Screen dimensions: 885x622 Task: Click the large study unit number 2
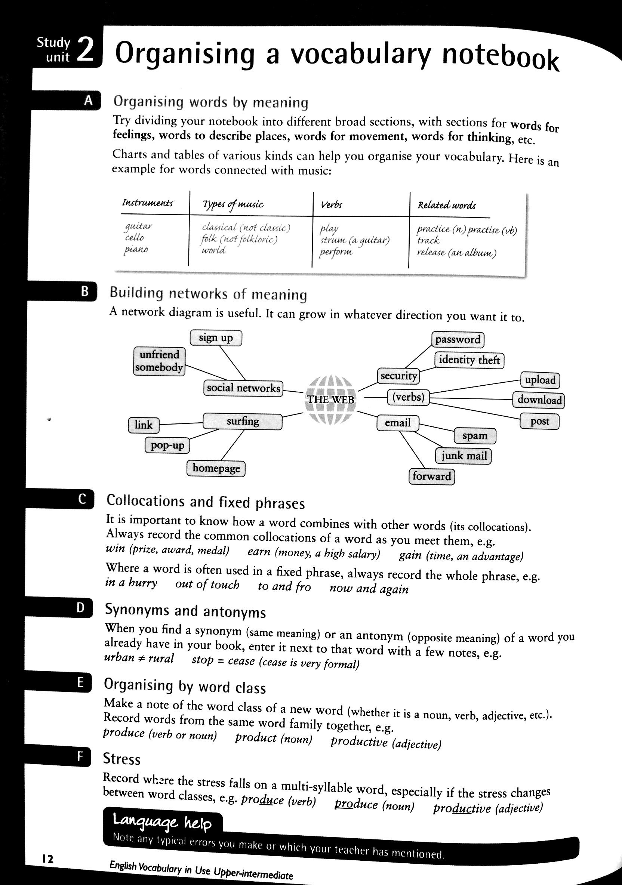[85, 50]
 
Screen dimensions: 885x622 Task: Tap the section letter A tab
[88, 101]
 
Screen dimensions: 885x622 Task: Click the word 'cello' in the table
[134, 237]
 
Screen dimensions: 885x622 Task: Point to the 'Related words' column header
[447, 205]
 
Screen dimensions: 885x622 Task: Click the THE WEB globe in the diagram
[330, 400]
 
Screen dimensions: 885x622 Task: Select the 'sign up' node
[216, 338]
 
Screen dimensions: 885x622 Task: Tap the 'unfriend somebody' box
[159, 361]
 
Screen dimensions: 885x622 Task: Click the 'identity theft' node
[469, 360]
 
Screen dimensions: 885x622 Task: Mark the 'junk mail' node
[464, 456]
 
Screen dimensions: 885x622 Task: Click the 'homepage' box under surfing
[216, 468]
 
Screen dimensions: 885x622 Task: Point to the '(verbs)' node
[408, 397]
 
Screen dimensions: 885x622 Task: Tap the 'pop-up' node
[167, 445]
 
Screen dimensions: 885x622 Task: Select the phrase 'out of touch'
[207, 585]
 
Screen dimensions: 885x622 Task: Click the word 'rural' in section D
[161, 658]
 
